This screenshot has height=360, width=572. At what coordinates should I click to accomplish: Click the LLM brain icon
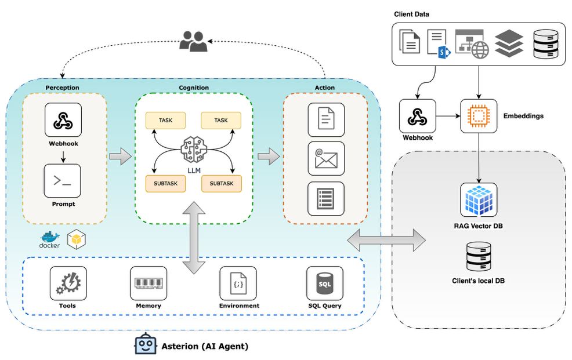(x=194, y=150)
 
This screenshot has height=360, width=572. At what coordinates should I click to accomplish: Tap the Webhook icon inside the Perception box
(x=63, y=120)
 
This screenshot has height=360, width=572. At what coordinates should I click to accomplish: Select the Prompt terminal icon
(x=62, y=181)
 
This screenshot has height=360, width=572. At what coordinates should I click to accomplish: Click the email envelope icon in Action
(x=325, y=158)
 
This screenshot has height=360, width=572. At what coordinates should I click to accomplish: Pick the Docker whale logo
(x=50, y=238)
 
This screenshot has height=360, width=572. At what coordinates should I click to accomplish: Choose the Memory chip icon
(x=148, y=283)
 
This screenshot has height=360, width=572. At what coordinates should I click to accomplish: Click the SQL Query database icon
(x=324, y=283)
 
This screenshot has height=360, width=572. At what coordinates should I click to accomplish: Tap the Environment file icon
(x=238, y=283)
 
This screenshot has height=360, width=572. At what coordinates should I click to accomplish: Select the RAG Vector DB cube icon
(x=479, y=201)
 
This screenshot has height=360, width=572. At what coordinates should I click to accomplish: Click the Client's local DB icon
(x=479, y=257)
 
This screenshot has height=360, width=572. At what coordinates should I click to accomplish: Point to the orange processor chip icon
(x=479, y=116)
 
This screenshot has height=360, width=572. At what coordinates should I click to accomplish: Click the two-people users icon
(x=193, y=42)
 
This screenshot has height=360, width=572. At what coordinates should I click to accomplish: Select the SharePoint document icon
(x=439, y=43)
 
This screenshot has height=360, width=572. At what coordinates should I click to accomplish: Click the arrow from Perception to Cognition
(x=121, y=156)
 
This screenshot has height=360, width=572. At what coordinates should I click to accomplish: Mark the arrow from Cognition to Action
(x=268, y=155)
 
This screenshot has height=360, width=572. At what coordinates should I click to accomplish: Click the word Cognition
(x=194, y=88)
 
